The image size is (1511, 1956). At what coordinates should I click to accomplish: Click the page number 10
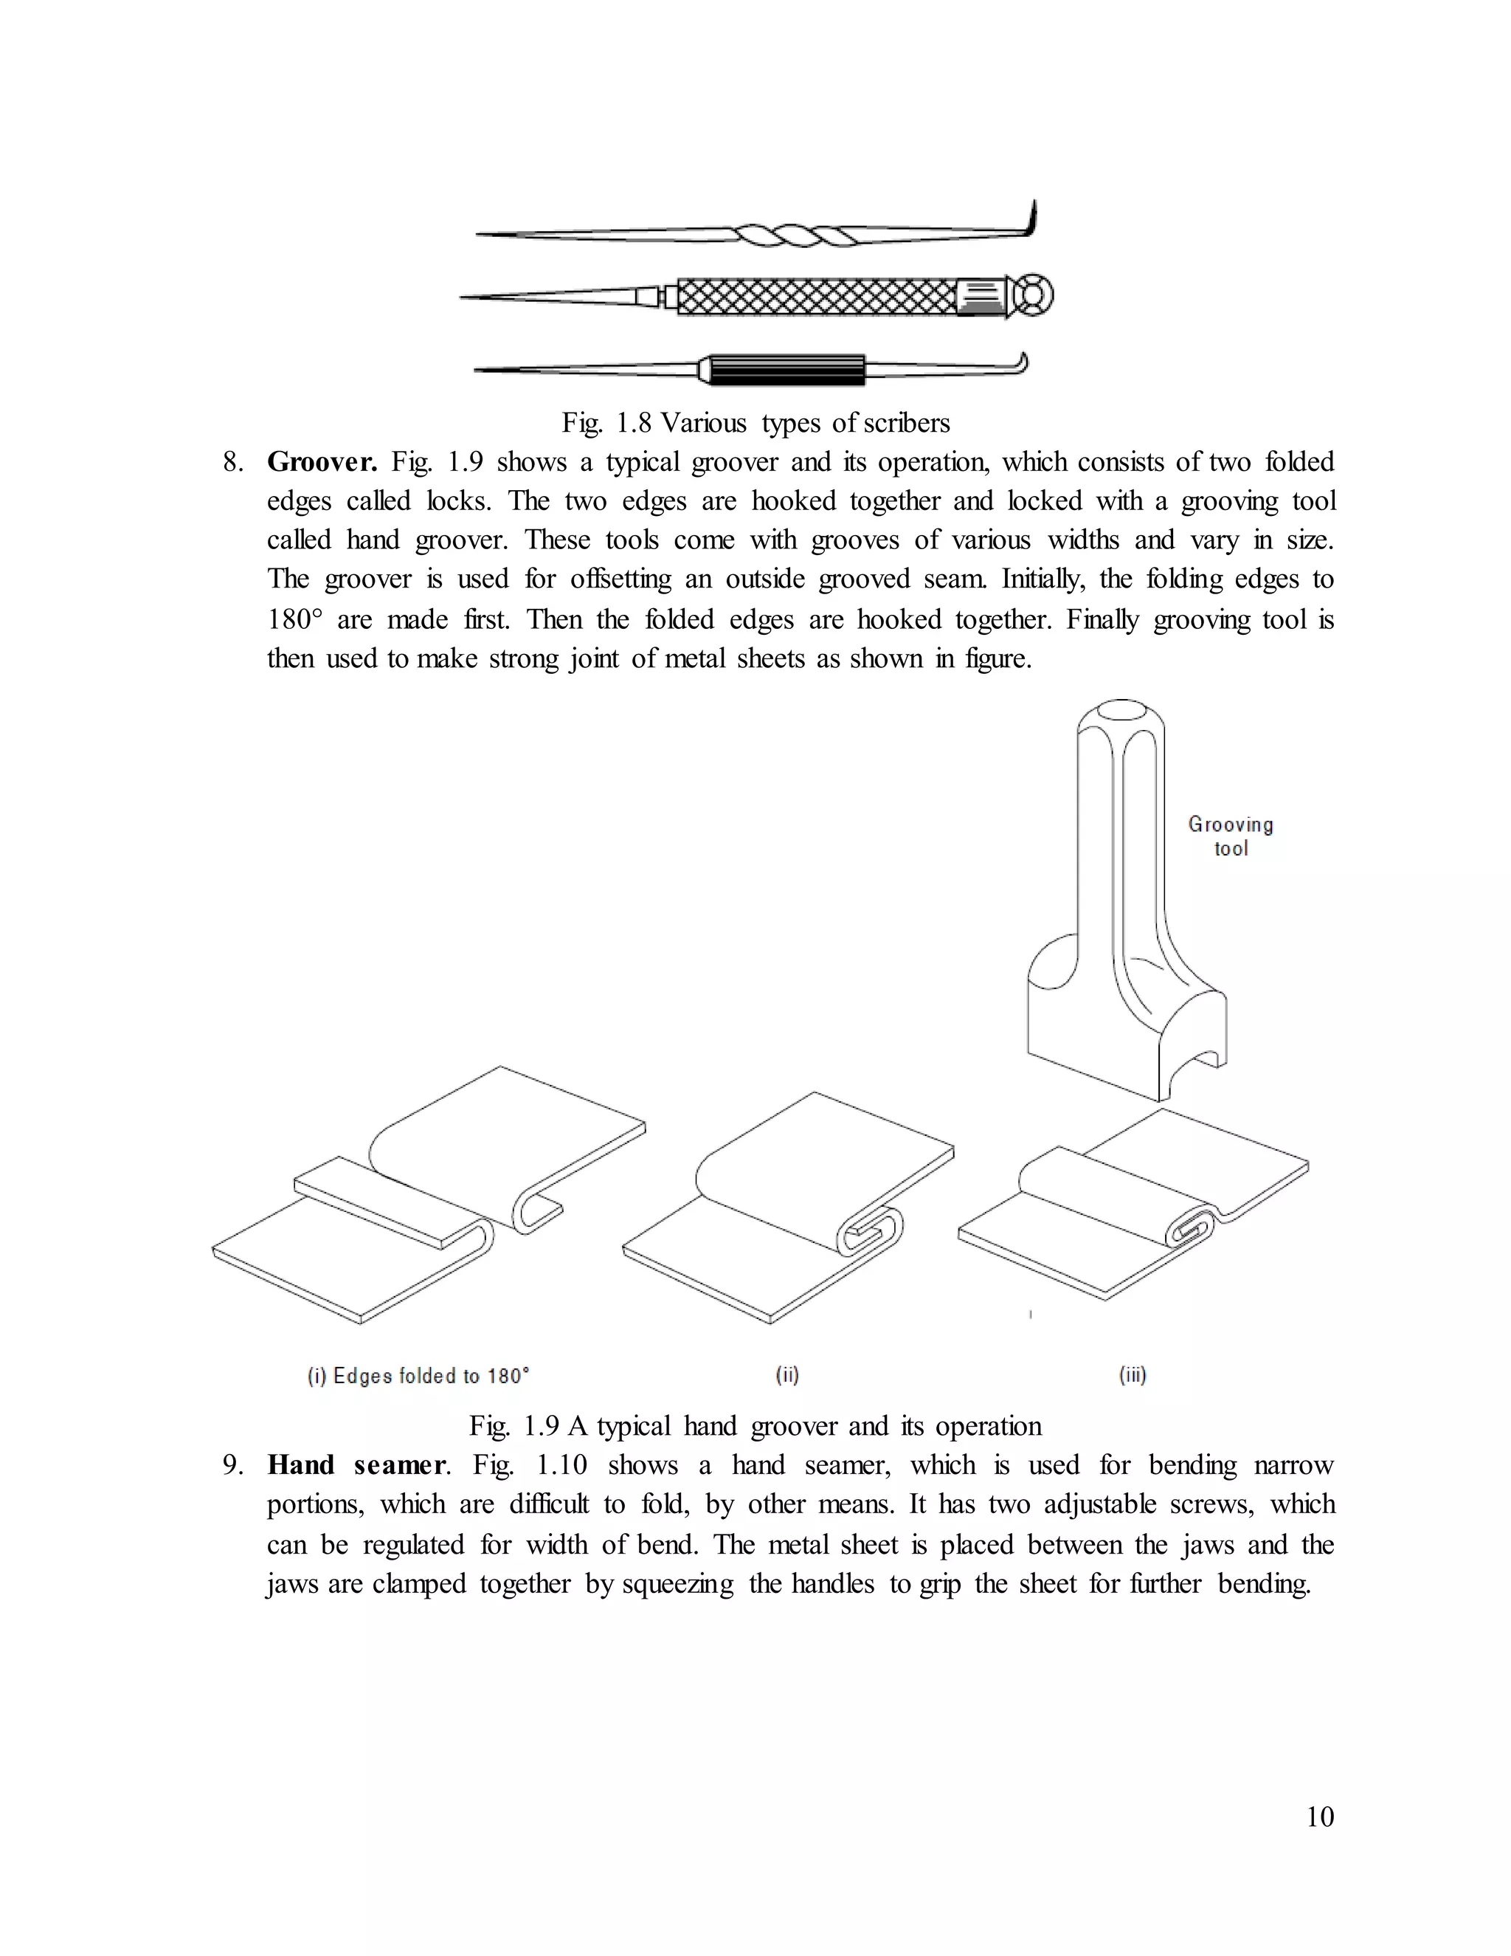click(x=1319, y=1816)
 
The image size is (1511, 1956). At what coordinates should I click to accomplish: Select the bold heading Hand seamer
click(x=356, y=1465)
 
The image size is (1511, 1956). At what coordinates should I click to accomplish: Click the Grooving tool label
click(x=1230, y=836)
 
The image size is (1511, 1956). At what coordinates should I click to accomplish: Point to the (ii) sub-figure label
click(x=786, y=1375)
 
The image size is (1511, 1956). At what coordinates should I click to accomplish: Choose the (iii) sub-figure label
click(x=1133, y=1375)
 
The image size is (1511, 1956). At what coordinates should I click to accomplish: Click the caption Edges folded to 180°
click(x=418, y=1376)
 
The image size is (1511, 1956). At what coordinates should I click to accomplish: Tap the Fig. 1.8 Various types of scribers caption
click(x=755, y=423)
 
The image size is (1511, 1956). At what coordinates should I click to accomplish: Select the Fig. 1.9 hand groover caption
click(x=755, y=1426)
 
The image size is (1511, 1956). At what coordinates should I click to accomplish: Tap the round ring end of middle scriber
click(x=1036, y=295)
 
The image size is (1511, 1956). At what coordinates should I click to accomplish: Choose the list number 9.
click(x=232, y=1465)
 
